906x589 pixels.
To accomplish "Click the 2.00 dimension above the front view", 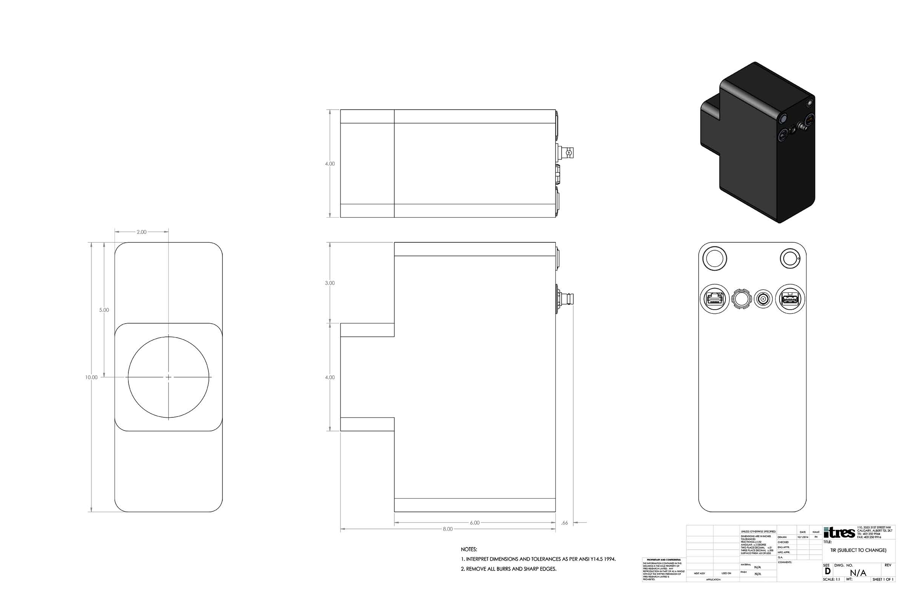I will click(141, 232).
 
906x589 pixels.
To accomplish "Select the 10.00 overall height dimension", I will click(91, 377).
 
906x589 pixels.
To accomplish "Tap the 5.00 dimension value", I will click(104, 310).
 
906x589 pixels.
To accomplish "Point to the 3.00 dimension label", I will click(330, 283).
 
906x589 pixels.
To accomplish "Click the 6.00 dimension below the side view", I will click(474, 523).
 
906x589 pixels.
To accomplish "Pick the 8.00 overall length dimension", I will click(447, 529).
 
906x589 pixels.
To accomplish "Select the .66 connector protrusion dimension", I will click(564, 523).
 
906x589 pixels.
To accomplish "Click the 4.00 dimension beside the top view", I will click(330, 164).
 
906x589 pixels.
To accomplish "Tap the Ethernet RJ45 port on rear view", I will click(715, 299).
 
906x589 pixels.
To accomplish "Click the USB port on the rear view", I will click(790, 299).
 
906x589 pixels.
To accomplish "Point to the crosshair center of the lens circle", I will click(169, 377).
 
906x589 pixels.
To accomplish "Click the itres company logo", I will click(839, 532).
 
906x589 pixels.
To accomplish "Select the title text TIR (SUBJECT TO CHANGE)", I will click(858, 550).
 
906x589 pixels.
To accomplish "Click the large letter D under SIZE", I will click(827, 571).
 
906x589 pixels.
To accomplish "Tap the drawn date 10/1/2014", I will click(803, 537).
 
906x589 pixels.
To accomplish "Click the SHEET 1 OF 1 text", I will click(883, 579).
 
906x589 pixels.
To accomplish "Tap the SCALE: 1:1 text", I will click(831, 579).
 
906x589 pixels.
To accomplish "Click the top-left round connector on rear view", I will click(714, 258).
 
